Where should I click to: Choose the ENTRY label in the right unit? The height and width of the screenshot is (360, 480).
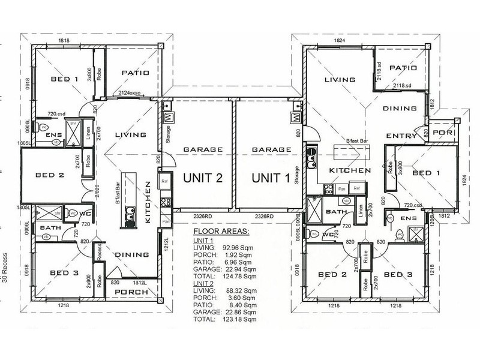click(x=401, y=136)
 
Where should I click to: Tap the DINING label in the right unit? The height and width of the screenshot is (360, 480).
click(x=399, y=109)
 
